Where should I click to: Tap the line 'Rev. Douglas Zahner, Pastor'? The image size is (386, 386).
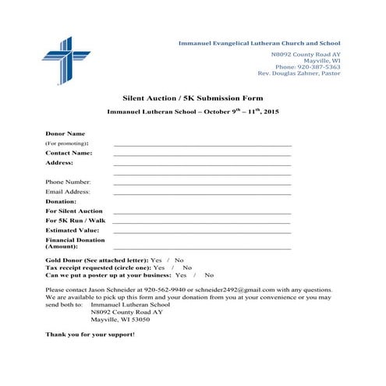[299, 73]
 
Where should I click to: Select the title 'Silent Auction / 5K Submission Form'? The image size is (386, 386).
[193, 98]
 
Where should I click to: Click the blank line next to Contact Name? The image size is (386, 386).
[202, 155]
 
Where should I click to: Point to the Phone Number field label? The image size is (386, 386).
[68, 182]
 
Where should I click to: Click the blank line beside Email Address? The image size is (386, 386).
[202, 193]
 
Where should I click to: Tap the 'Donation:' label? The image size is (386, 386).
[61, 201]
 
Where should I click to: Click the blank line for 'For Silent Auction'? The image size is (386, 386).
[202, 213]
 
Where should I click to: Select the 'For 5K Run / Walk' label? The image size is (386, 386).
[75, 221]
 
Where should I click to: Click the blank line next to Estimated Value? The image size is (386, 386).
[202, 232]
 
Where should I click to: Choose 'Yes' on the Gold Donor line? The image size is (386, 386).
[156, 260]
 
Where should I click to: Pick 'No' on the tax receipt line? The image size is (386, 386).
[186, 267]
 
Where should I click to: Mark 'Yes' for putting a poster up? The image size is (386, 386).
[181, 275]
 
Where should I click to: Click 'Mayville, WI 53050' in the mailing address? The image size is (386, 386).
[121, 320]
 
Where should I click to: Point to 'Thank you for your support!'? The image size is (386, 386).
[90, 334]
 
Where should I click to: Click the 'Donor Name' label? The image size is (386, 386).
[65, 134]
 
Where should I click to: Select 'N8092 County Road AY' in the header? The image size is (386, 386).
[306, 54]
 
